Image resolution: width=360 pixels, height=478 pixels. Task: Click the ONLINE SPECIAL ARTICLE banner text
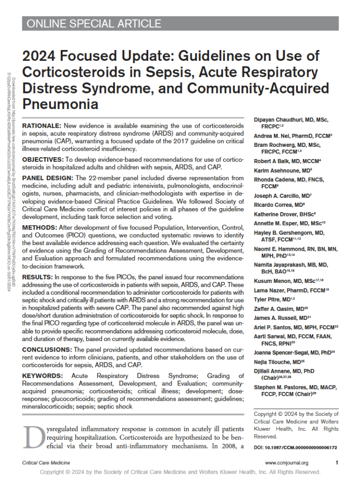[94, 24]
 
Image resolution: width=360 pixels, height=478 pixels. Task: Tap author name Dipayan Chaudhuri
[283, 120]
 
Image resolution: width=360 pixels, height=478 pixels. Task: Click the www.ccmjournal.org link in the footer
[287, 463]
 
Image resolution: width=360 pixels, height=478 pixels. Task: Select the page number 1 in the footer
[337, 463]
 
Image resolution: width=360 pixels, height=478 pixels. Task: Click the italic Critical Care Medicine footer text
[45, 463]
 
